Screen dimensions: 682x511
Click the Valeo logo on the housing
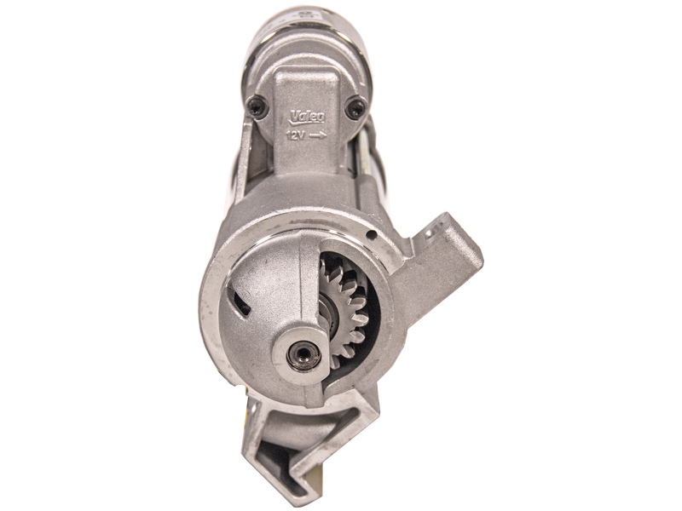pyautogui.click(x=308, y=117)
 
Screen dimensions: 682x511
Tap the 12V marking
pyautogui.click(x=295, y=136)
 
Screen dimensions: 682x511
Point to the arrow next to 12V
pyautogui.click(x=318, y=136)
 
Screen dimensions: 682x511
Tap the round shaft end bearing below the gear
pyautogui.click(x=303, y=355)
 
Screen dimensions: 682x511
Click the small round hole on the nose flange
pyautogui.click(x=371, y=235)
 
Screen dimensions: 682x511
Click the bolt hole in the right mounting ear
pyautogui.click(x=431, y=230)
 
